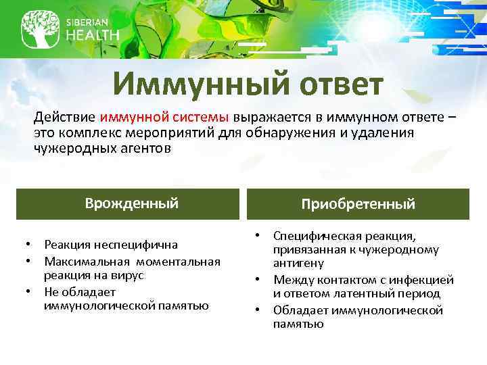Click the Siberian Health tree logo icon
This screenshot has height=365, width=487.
tap(39, 28)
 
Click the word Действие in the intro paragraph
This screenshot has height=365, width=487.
tap(66, 117)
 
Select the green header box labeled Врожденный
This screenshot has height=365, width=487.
tap(127, 203)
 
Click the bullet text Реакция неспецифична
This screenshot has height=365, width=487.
tap(111, 245)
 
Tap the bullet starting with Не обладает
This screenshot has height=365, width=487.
tap(126, 299)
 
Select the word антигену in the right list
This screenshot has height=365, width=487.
tap(298, 263)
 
